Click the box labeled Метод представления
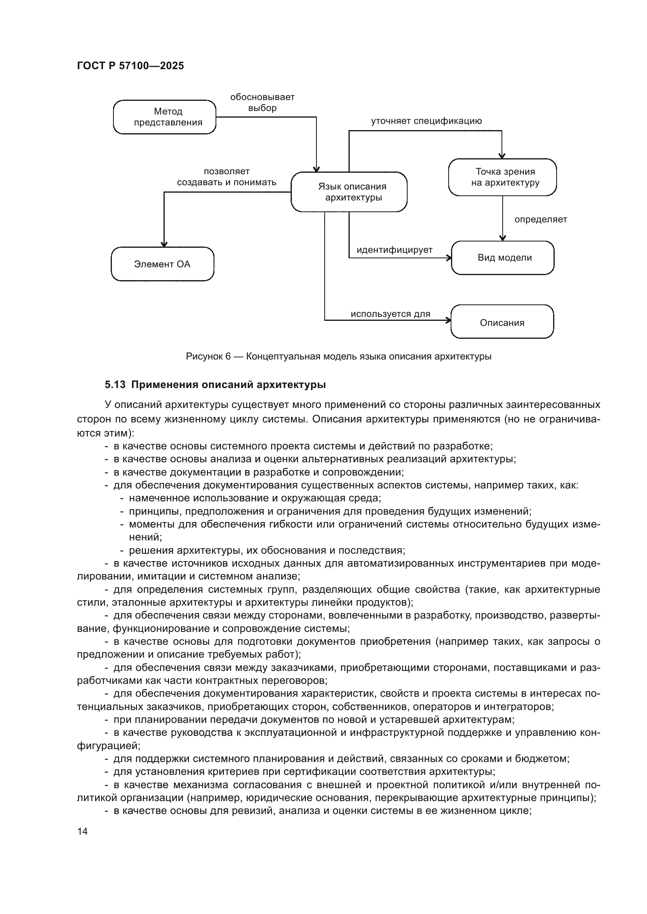(x=165, y=117)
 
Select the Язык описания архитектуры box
(x=349, y=192)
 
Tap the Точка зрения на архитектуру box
(x=502, y=177)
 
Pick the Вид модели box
(x=502, y=258)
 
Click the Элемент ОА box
(x=162, y=264)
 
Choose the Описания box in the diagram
(x=502, y=322)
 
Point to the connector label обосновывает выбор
(x=262, y=103)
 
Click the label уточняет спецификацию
(x=426, y=121)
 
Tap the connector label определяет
(x=540, y=219)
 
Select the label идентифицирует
(x=394, y=250)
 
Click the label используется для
(x=390, y=314)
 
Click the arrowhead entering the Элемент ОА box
(x=164, y=244)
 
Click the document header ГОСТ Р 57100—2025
(x=130, y=66)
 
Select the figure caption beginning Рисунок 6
(x=338, y=356)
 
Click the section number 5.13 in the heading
(x=115, y=385)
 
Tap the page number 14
(x=83, y=831)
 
